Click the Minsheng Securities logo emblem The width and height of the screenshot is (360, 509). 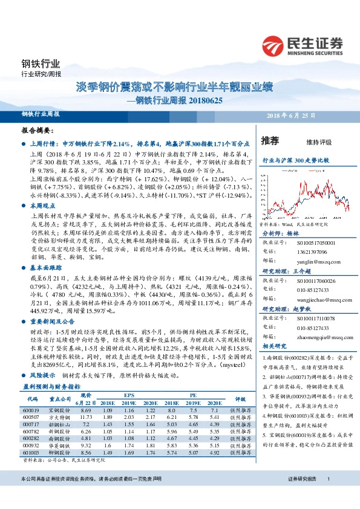tap(273, 44)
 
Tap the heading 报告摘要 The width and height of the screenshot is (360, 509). tap(38, 130)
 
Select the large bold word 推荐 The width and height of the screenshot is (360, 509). tap(270, 141)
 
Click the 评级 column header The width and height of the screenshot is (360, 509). tap(240, 399)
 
